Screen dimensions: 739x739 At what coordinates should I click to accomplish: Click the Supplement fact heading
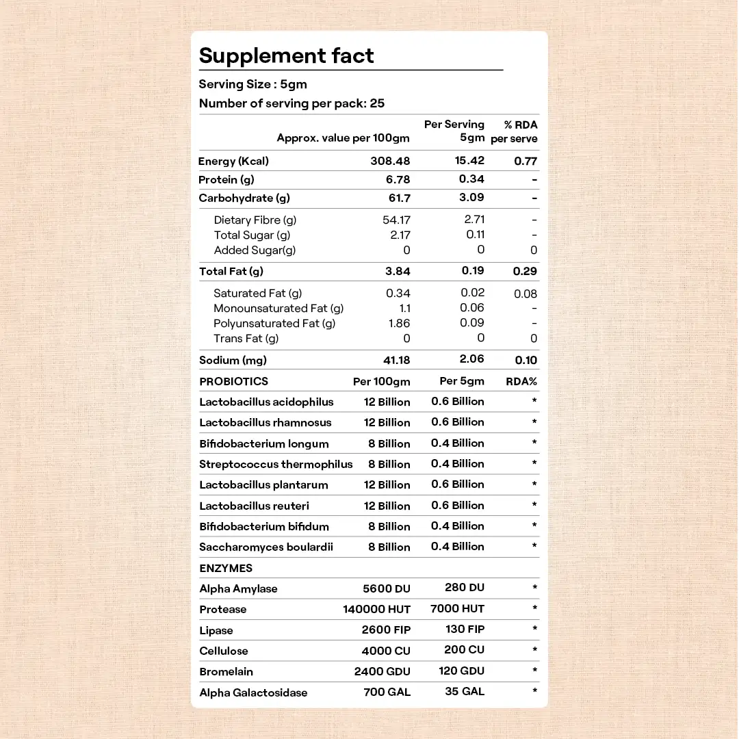[x=286, y=55]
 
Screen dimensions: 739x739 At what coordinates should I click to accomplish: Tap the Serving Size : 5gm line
[x=252, y=84]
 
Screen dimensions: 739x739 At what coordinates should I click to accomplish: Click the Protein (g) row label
[x=226, y=179]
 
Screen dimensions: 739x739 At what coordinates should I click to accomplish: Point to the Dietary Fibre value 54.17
[x=396, y=220]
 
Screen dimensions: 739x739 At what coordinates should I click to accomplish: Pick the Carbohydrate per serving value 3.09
[x=471, y=197]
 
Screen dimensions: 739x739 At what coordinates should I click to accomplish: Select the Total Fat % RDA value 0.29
[x=525, y=271]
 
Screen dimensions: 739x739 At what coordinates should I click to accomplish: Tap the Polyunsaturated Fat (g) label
[x=274, y=323]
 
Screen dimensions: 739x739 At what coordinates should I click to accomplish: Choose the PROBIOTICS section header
[x=233, y=381]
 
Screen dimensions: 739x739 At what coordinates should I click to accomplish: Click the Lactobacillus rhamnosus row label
[x=265, y=422]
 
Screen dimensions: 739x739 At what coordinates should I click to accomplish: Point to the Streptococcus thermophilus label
[x=276, y=464]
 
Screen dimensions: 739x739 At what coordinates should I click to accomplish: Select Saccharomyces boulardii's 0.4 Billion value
[x=457, y=546]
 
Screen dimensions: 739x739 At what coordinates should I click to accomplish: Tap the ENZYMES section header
[x=226, y=568]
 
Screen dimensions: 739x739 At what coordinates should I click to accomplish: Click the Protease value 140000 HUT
[x=376, y=609]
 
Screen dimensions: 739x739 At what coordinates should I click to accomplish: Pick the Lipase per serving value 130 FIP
[x=465, y=630]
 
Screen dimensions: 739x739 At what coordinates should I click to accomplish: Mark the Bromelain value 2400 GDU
[x=382, y=671]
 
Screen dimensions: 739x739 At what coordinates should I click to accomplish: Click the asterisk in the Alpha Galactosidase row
[x=534, y=691]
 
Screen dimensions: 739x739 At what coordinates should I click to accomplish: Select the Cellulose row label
[x=224, y=651]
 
